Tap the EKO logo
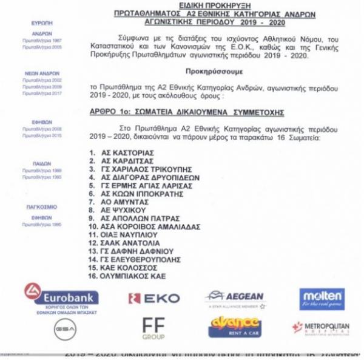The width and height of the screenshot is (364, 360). (x=154, y=298)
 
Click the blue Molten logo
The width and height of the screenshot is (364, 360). (x=322, y=298)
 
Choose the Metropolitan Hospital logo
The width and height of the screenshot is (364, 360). (x=320, y=328)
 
